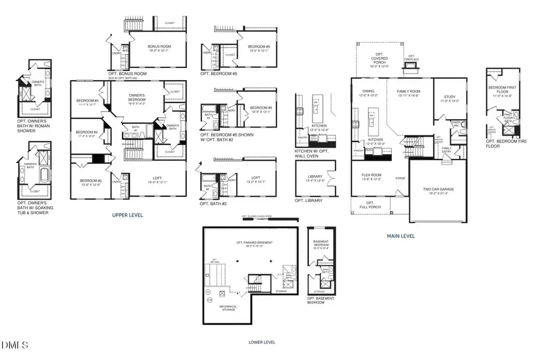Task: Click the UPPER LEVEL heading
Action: click(x=127, y=214)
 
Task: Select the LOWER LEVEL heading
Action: click(x=261, y=342)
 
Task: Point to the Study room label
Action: click(x=449, y=98)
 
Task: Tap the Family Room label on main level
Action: click(x=408, y=92)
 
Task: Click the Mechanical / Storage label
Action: click(x=228, y=307)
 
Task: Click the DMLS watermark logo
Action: click(x=14, y=345)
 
